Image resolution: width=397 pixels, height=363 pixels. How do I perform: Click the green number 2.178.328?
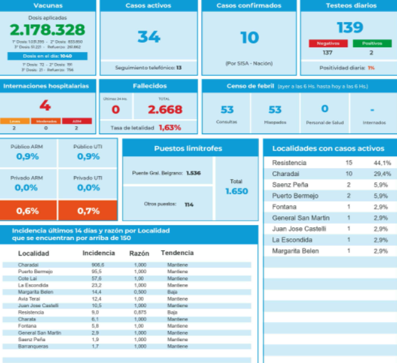tap(48, 29)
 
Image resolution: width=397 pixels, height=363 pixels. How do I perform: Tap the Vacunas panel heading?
tap(48, 6)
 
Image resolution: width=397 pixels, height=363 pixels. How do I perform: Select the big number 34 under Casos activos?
tap(149, 37)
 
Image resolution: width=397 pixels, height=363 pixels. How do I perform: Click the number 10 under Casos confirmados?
tap(250, 38)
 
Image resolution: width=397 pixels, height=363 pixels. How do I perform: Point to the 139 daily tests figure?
tap(350, 28)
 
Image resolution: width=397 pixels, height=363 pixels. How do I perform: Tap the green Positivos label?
tap(372, 43)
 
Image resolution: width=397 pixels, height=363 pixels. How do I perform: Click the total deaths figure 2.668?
tap(165, 110)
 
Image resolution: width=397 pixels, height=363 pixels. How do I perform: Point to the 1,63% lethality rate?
tap(169, 127)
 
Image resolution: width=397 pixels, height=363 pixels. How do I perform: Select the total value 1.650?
tap(236, 191)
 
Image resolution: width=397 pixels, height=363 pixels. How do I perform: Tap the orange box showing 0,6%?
tap(28, 211)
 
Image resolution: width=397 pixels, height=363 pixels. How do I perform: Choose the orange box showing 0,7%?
tap(88, 211)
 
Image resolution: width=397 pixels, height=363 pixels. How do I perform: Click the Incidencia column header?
tap(98, 253)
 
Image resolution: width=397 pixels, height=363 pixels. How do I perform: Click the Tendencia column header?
tap(177, 253)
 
